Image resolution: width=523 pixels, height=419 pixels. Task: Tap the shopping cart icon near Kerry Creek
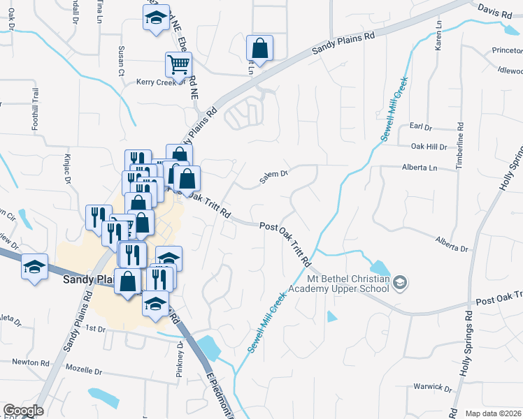(178, 64)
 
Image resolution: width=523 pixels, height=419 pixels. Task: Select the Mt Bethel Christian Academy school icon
(400, 283)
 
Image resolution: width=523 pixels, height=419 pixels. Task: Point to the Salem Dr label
(274, 177)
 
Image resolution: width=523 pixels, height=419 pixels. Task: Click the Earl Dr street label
(422, 126)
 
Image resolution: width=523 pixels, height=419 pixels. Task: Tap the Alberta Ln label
(419, 168)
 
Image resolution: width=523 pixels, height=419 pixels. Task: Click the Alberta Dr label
(452, 244)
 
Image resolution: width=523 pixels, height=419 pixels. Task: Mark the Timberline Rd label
(460, 144)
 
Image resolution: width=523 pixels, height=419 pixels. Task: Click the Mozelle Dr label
(83, 368)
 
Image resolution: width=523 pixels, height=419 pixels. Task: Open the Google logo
(22, 411)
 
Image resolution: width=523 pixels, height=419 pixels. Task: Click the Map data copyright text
(493, 413)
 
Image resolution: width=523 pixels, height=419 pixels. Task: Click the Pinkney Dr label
(180, 364)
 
